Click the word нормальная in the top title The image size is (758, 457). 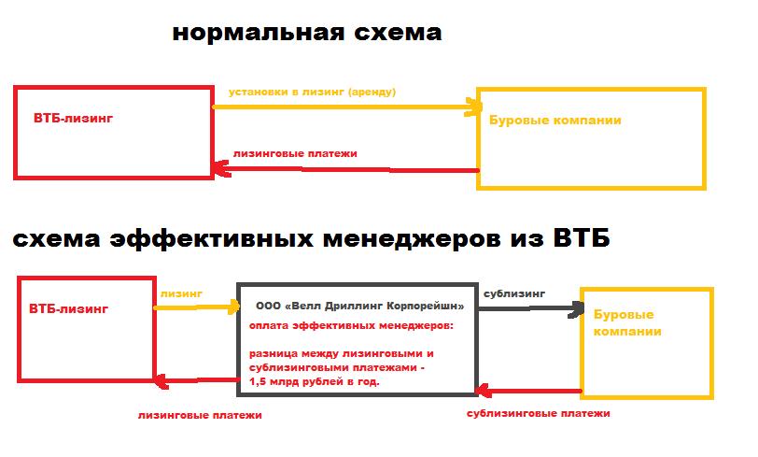259,33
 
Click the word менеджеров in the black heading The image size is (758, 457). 411,239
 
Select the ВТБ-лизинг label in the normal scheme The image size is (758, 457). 73,118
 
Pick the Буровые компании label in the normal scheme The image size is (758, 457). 554,120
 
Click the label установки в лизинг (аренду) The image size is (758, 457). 312,92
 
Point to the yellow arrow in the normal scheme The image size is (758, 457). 347,107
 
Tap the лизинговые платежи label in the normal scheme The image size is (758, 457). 295,154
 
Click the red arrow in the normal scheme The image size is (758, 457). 345,169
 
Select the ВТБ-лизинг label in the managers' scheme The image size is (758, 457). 69,308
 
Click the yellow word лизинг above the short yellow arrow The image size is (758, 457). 181,293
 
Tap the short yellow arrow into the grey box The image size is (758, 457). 197,307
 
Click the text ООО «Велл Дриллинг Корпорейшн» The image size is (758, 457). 359,306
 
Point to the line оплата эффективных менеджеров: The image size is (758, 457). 351,326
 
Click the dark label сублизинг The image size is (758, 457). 514,293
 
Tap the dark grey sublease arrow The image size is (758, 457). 531,308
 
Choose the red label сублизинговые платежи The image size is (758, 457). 538,413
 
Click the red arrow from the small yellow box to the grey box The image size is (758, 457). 528,391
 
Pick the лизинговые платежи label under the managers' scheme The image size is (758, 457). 200,415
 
